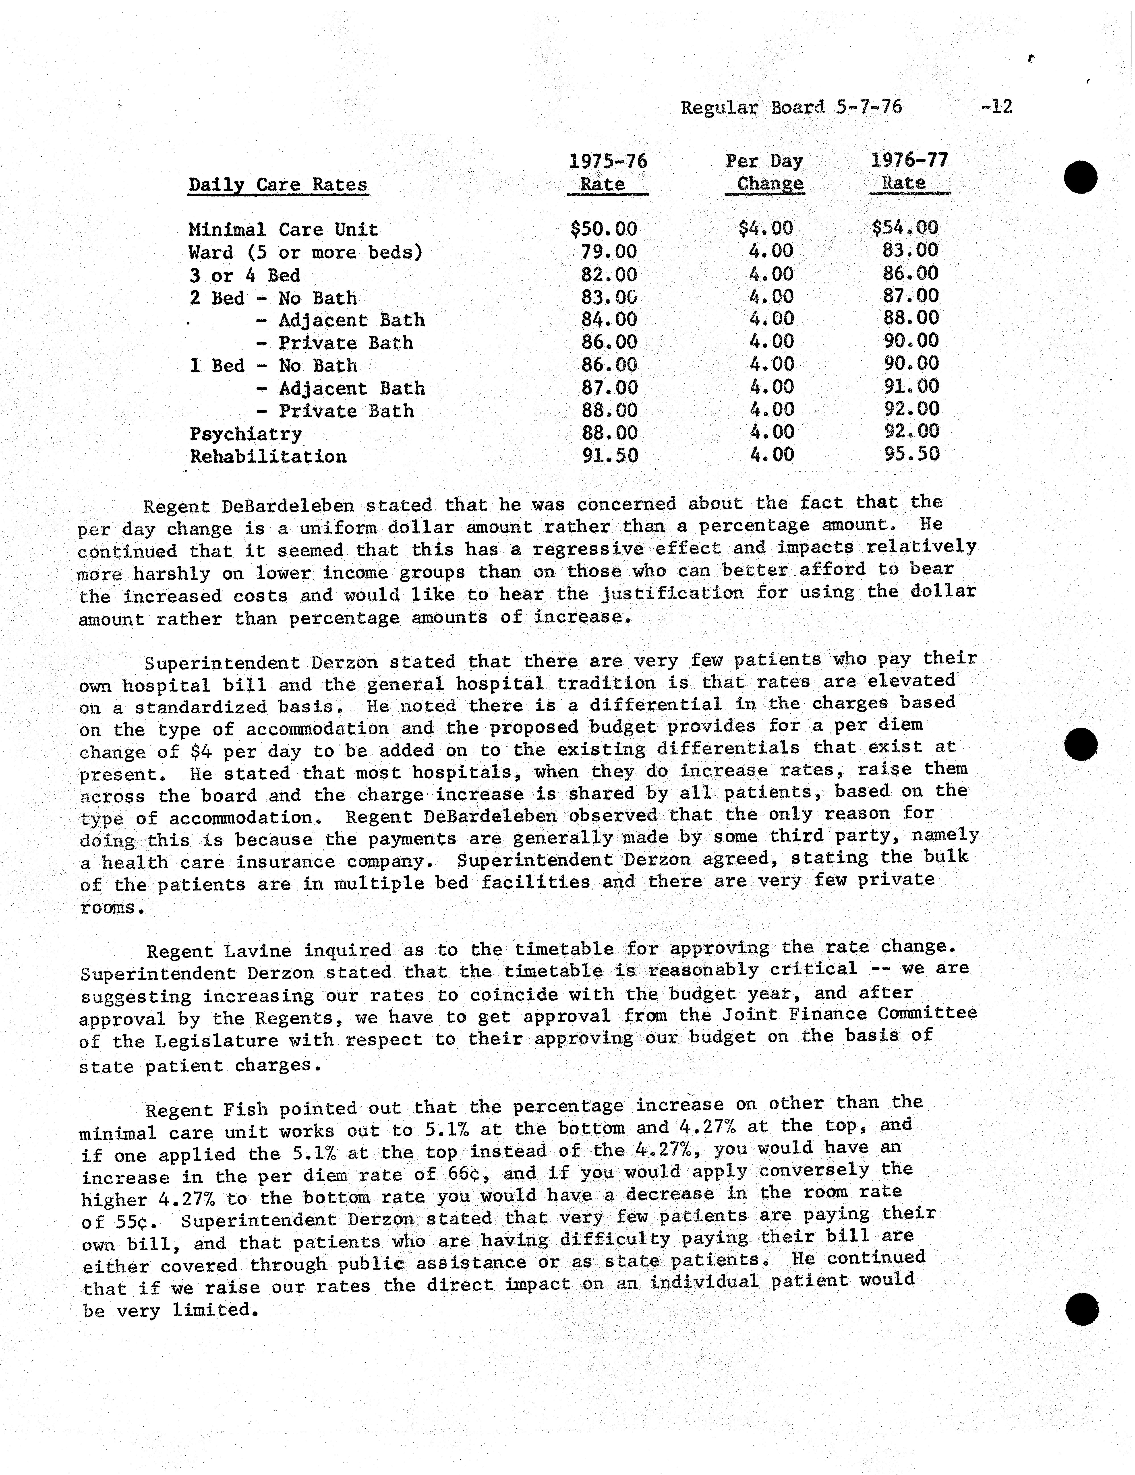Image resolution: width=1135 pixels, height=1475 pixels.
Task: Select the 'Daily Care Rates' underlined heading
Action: point(278,185)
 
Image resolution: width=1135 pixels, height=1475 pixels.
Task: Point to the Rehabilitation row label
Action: point(268,457)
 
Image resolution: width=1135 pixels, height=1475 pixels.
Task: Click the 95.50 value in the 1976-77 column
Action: point(911,454)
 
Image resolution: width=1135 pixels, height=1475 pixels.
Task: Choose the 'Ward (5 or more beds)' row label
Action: point(305,253)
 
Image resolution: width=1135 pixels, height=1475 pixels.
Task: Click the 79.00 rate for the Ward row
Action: point(609,252)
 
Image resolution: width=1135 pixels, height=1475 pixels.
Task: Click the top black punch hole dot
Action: point(1081,177)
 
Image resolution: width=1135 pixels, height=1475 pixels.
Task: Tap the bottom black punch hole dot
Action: point(1082,1310)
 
